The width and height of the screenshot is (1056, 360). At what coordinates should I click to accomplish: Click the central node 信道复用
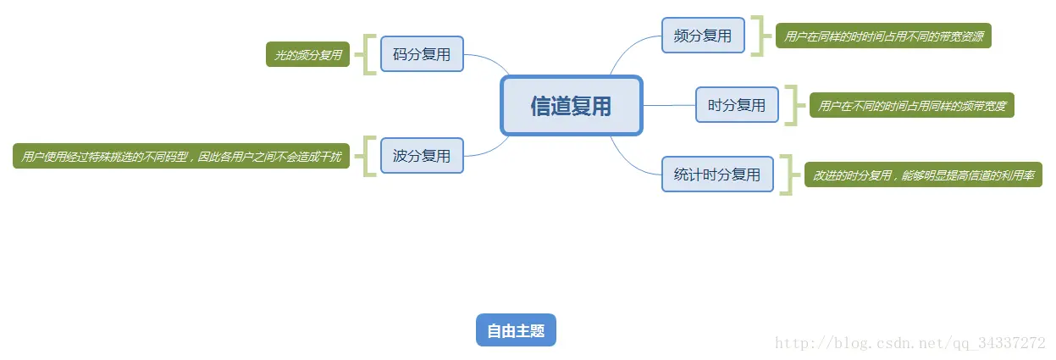(572, 106)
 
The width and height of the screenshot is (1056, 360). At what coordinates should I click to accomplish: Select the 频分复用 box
(703, 36)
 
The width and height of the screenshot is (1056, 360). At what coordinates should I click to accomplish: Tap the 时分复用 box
(737, 105)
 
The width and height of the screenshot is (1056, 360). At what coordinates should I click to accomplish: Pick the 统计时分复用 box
(717, 174)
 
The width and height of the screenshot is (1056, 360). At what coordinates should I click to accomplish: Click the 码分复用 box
(422, 54)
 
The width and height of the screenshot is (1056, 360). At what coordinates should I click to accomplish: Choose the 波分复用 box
(422, 156)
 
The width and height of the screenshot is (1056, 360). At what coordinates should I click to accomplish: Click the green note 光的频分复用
(307, 55)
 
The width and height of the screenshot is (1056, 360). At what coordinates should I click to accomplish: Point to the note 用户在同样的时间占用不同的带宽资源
(883, 36)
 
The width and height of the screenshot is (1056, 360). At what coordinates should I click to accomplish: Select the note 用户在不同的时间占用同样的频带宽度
(912, 106)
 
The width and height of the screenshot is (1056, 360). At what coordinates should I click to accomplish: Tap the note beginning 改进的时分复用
(923, 175)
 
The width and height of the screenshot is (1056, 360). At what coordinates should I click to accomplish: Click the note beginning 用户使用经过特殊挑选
(181, 157)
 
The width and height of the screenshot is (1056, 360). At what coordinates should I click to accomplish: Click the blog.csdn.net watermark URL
(911, 343)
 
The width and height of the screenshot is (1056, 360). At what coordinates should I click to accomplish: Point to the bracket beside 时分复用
(793, 105)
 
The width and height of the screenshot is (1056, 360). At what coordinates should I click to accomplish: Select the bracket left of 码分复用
(368, 54)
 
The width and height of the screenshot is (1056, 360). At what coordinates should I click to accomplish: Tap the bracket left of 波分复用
(368, 156)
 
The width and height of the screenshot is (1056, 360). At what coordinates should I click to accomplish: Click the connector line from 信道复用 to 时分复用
(669, 105)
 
